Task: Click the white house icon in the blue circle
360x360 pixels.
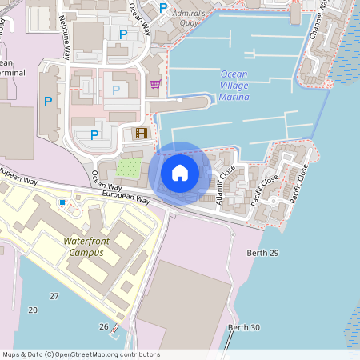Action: tap(180, 172)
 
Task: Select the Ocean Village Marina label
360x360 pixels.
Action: tap(234, 86)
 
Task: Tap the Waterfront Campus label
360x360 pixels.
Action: tap(82, 246)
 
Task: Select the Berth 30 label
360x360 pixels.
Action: tap(244, 327)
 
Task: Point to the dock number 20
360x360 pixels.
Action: tap(33, 310)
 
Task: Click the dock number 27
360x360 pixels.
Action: tap(54, 296)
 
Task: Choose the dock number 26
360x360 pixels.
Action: tap(103, 326)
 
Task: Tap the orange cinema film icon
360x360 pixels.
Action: tap(142, 134)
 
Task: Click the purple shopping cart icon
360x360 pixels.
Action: tap(154, 83)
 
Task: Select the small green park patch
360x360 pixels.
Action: tap(129, 168)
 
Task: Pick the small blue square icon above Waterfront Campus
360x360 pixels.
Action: tap(62, 202)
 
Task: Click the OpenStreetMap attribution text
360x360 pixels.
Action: tap(81, 354)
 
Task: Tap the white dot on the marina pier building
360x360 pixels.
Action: tap(181, 101)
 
